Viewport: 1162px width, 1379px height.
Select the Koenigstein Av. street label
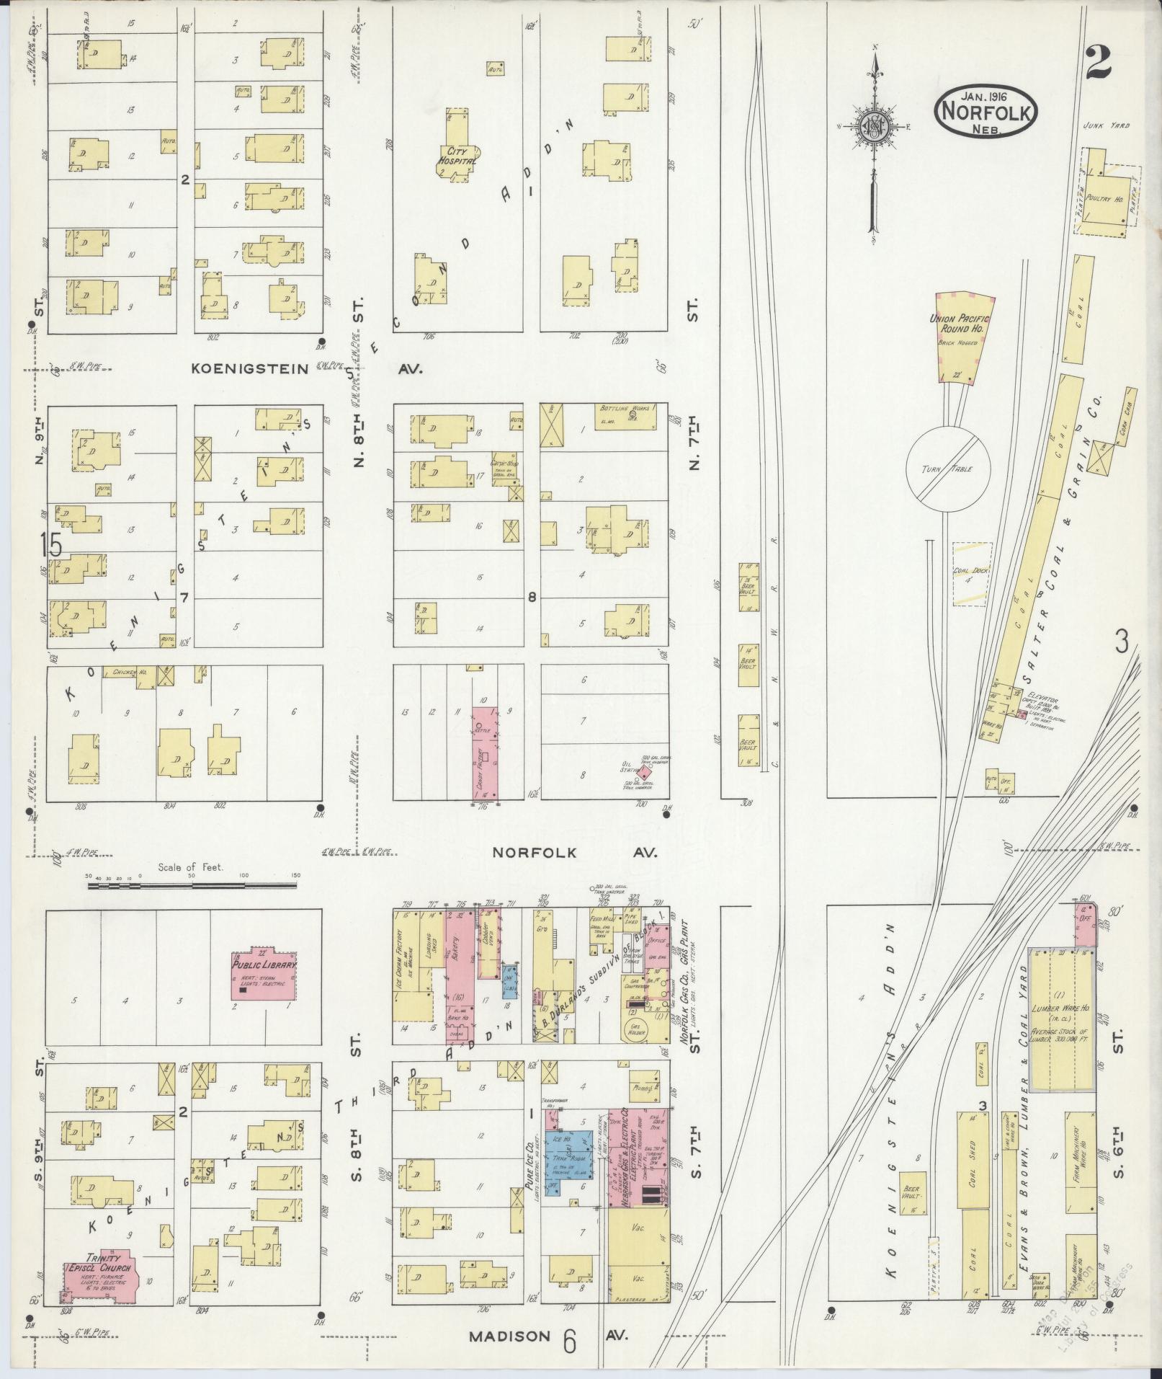(249, 368)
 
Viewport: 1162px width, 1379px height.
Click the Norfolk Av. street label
(534, 852)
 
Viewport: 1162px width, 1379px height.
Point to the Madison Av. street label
(509, 1336)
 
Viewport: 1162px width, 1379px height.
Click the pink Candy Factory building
(486, 752)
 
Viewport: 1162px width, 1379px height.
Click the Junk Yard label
(1105, 125)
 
